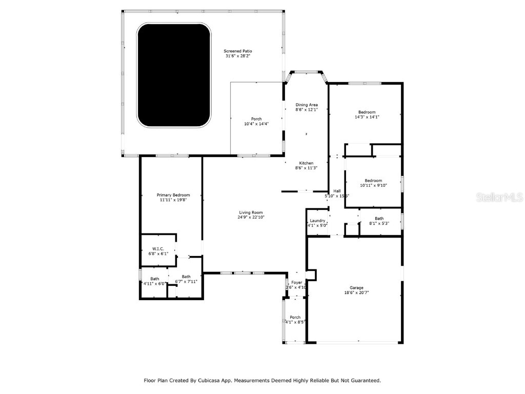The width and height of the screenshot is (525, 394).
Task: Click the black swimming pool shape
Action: (x=174, y=75)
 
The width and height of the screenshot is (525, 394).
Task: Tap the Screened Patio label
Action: (x=238, y=51)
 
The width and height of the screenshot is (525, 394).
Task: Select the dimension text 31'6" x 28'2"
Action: (x=238, y=56)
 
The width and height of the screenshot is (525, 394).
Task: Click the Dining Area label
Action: (x=307, y=105)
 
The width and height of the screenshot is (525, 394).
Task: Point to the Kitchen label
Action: (x=307, y=163)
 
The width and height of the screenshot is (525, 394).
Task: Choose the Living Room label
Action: (x=251, y=212)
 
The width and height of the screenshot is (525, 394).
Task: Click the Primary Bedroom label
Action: (x=173, y=195)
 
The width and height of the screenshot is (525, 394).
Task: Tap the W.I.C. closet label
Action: (x=158, y=248)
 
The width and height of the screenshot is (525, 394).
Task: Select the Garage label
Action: (x=356, y=288)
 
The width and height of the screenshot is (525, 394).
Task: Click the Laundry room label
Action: (x=317, y=221)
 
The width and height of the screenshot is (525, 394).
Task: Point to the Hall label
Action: (x=337, y=191)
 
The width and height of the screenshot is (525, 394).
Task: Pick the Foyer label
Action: (x=297, y=283)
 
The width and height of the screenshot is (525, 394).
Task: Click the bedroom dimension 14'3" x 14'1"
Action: (x=367, y=117)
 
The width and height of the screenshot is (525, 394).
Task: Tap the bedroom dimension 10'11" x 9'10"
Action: (x=373, y=185)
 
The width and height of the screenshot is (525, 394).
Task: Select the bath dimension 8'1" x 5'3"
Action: (x=379, y=223)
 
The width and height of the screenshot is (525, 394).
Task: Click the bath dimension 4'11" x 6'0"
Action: (x=154, y=283)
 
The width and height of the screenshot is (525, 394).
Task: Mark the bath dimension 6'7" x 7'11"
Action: (x=186, y=281)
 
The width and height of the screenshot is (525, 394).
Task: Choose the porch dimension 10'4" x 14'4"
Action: (x=256, y=124)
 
